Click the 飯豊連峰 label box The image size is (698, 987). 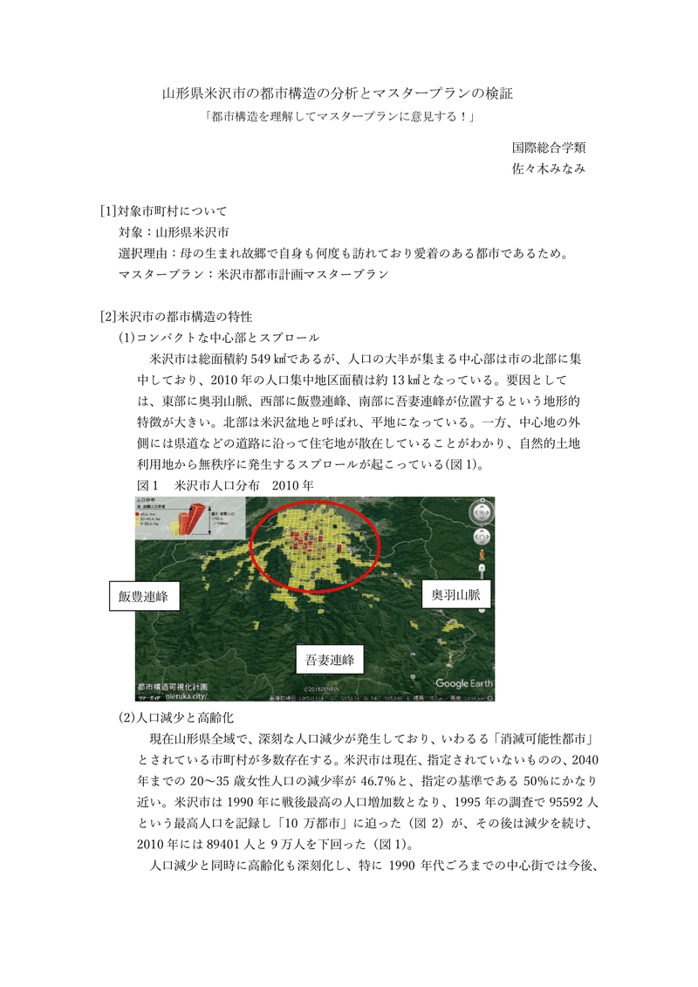click(144, 598)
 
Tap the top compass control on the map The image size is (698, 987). click(482, 512)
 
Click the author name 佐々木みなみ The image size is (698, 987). click(548, 169)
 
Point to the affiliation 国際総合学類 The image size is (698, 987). click(548, 147)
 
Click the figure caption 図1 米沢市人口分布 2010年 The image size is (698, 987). click(224, 485)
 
